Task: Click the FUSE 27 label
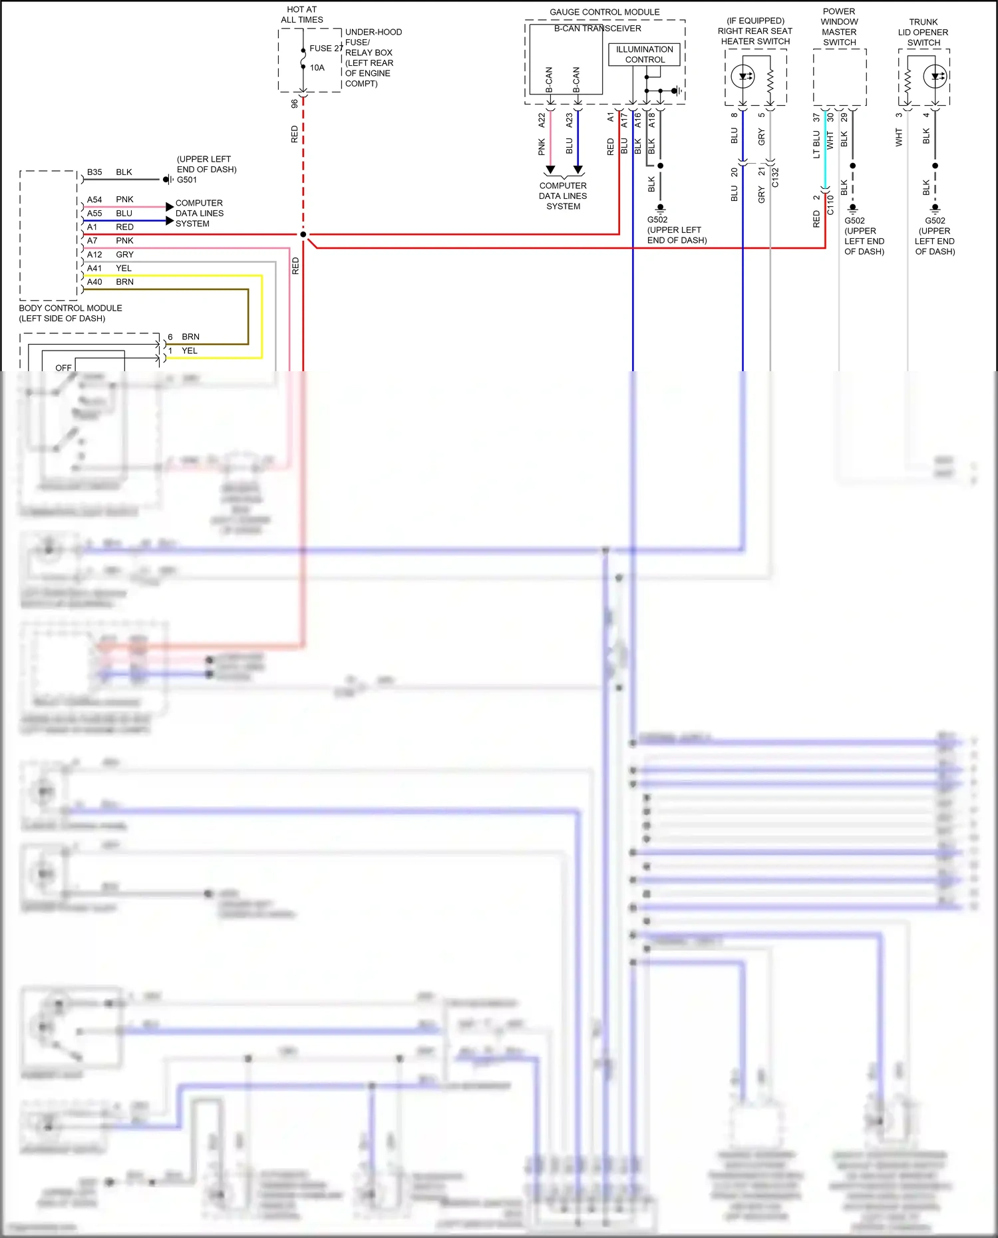(326, 48)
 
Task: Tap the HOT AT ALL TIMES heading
(302, 15)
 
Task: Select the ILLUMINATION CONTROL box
(644, 55)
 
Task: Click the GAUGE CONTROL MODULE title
(604, 12)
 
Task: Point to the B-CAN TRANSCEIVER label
(597, 29)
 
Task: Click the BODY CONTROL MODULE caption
(71, 313)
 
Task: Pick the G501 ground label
(187, 180)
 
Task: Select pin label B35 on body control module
(94, 172)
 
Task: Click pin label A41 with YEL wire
(94, 269)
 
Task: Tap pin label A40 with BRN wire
(94, 282)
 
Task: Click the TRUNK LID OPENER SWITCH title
(923, 32)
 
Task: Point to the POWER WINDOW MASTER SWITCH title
(839, 27)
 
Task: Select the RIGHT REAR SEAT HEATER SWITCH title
(755, 31)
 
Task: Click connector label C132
(775, 178)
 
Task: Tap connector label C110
(830, 205)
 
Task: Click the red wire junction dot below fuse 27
(303, 234)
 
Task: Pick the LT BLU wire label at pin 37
(816, 144)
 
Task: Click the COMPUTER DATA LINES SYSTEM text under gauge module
(563, 196)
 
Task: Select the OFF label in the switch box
(63, 368)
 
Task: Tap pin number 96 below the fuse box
(295, 104)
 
